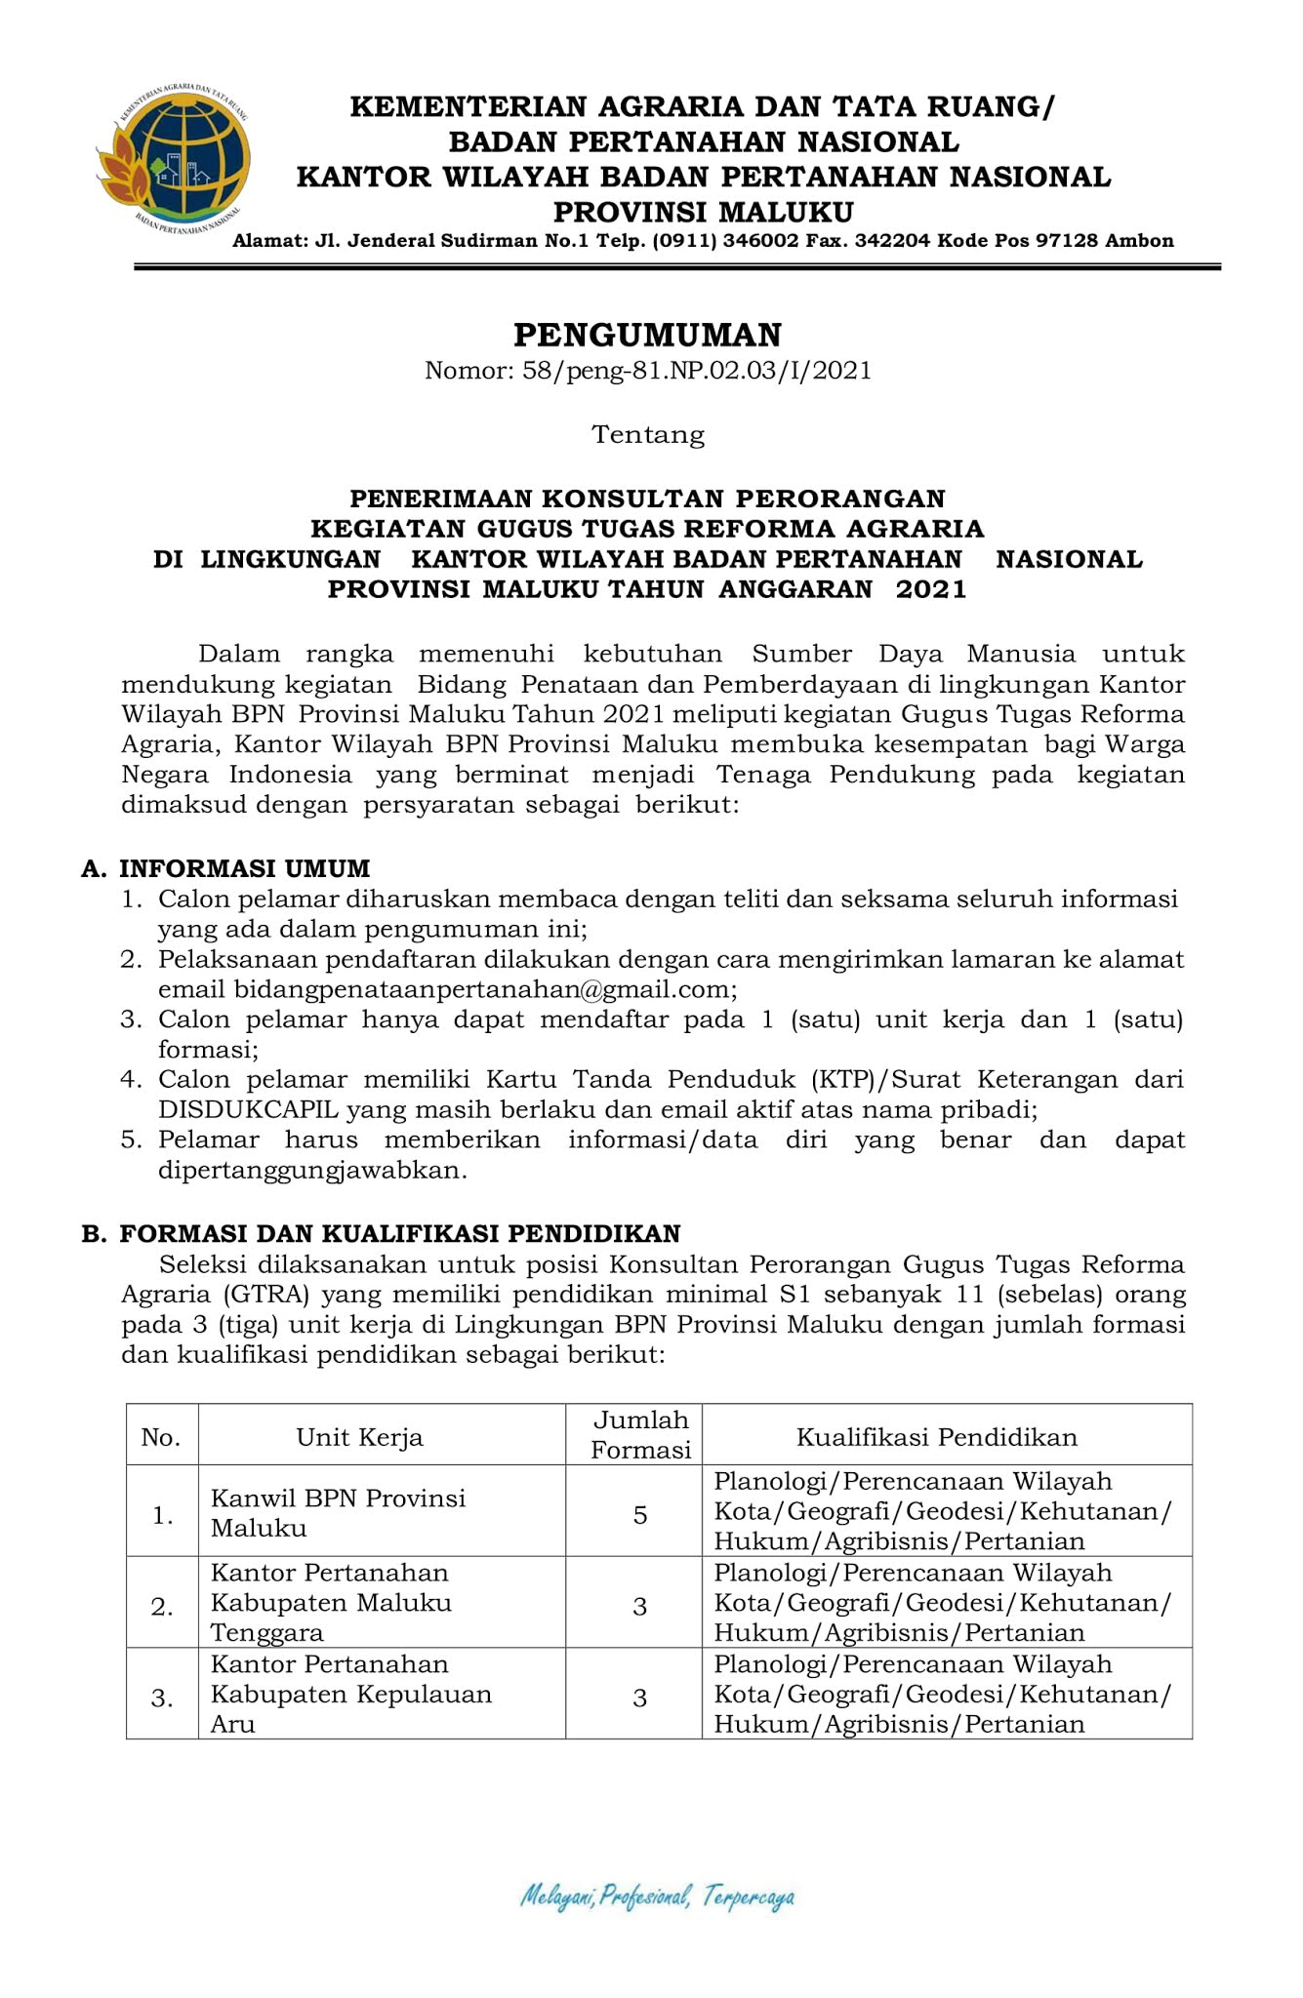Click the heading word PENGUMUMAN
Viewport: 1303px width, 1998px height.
[x=648, y=335]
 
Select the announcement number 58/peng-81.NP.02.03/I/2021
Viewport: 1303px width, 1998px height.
[x=648, y=371]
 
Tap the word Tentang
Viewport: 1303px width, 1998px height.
[x=648, y=434]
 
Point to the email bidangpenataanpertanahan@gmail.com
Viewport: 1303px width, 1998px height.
[x=482, y=989]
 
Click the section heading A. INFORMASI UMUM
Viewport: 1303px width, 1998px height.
[x=226, y=868]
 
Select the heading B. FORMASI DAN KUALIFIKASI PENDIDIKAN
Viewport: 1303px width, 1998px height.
[x=381, y=1234]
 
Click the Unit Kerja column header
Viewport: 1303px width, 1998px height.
[x=360, y=1437]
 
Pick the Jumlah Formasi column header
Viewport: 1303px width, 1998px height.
[x=641, y=1435]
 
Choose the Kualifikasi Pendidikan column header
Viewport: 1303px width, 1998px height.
[x=937, y=1437]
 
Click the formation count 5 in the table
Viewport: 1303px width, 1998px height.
[x=640, y=1514]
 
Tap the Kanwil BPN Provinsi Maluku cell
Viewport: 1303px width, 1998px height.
[x=338, y=1513]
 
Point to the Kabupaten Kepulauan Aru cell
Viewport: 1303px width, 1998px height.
[x=351, y=1695]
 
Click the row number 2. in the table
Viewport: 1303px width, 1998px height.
[x=163, y=1607]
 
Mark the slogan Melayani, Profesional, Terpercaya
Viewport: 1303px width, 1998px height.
[x=657, y=1897]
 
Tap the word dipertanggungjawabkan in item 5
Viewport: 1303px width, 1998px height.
[x=312, y=1170]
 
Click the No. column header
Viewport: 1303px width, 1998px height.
[x=161, y=1437]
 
